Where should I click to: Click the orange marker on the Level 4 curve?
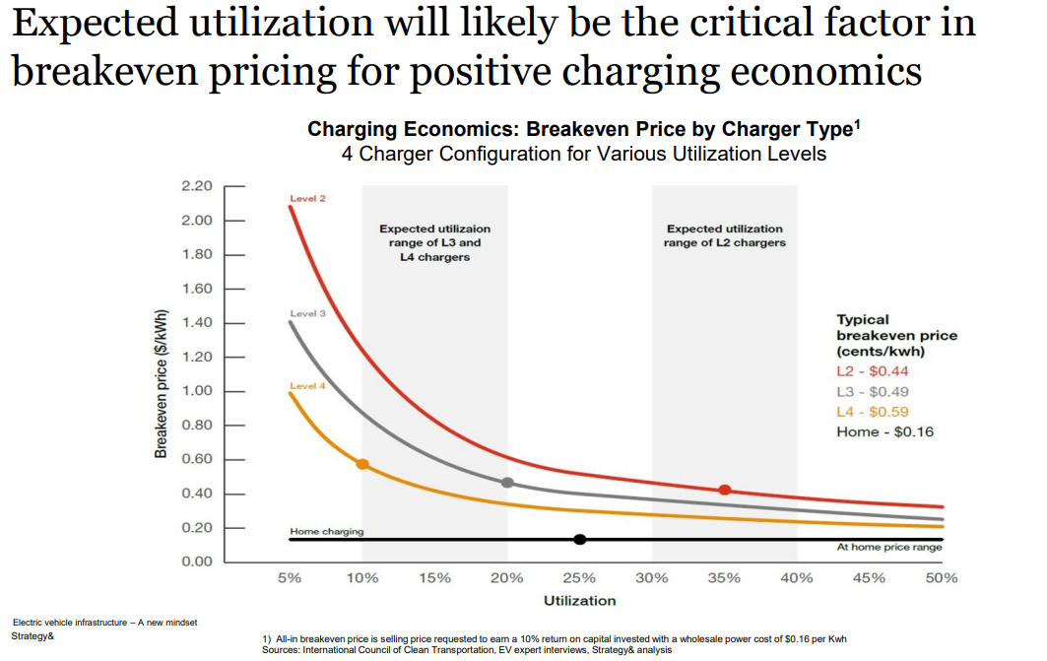coord(362,464)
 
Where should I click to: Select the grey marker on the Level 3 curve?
coord(507,483)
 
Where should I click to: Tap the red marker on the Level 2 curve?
coord(725,490)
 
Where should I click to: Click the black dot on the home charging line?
coord(580,539)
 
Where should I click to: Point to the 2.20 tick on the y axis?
coord(198,186)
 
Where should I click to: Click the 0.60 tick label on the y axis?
coord(198,459)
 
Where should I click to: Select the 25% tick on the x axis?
coord(579,578)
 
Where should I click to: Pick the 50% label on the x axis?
coord(941,578)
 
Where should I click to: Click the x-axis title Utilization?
coord(579,600)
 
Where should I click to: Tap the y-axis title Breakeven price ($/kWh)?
coord(160,385)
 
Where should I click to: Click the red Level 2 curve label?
coord(307,199)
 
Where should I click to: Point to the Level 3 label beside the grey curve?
coord(307,313)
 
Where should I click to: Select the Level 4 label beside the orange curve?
coord(307,386)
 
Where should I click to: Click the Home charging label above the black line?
coord(326,532)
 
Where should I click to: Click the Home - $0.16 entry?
coord(885,431)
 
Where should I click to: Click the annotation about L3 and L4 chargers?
coord(434,242)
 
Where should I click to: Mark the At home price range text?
coord(888,548)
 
